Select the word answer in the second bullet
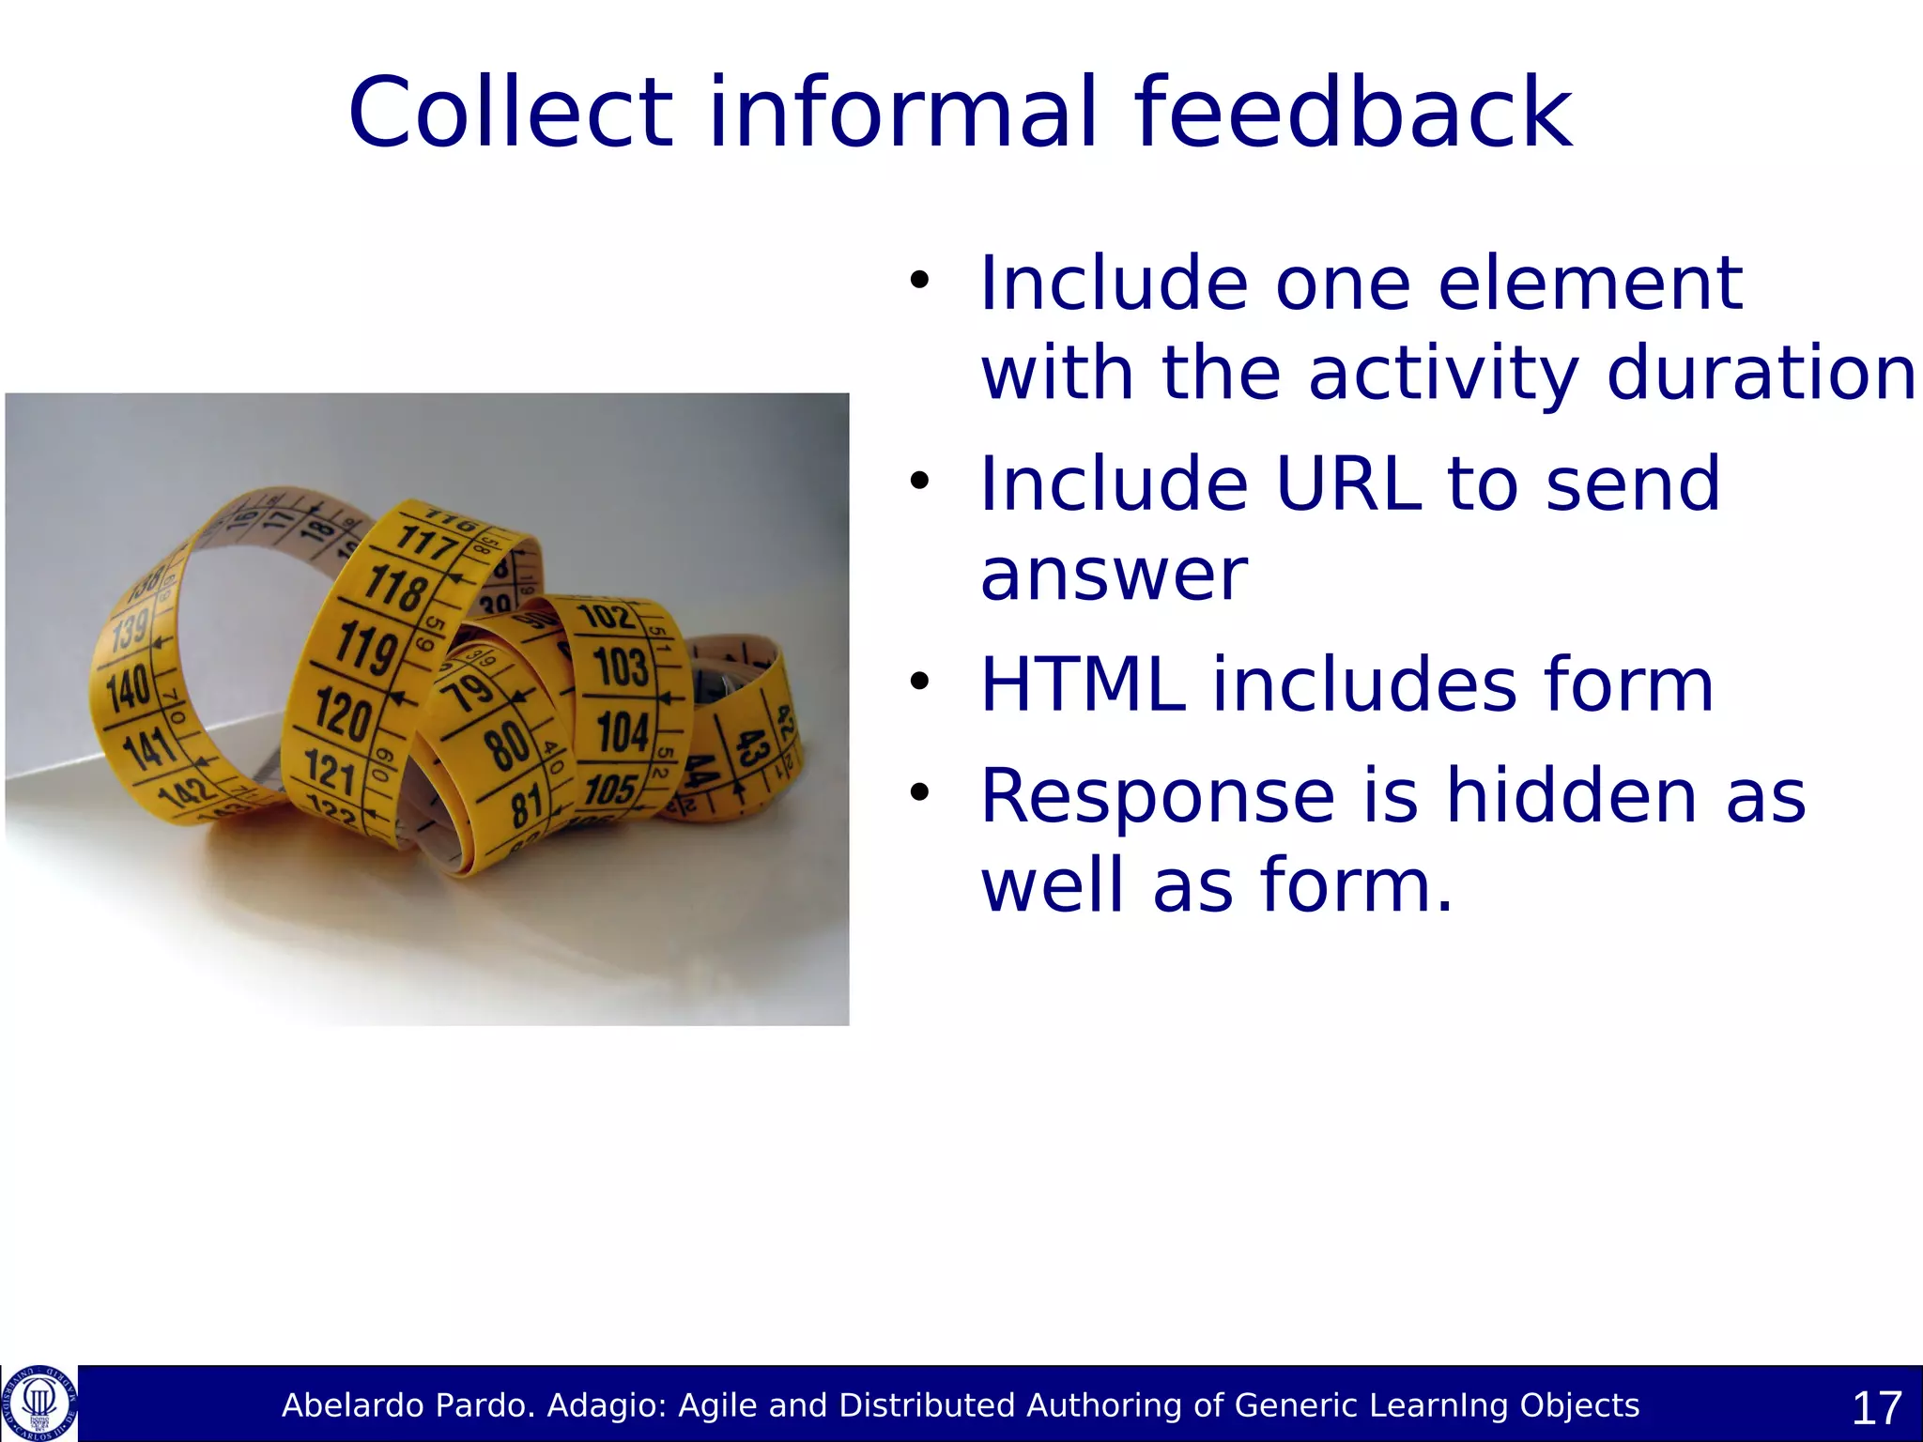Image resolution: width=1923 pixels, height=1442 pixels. pyautogui.click(x=1114, y=575)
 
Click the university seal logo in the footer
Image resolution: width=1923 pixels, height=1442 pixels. pyautogui.click(x=38, y=1404)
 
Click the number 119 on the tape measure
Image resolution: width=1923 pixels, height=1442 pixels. pyautogui.click(x=367, y=647)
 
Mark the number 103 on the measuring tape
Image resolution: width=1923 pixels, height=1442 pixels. pyautogui.click(x=621, y=667)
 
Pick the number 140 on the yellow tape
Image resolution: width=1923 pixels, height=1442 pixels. pyautogui.click(x=129, y=688)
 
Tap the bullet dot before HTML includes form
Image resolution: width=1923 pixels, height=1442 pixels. pyautogui.click(x=918, y=682)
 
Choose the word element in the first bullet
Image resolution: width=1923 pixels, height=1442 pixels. pyautogui.click(x=1590, y=283)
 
